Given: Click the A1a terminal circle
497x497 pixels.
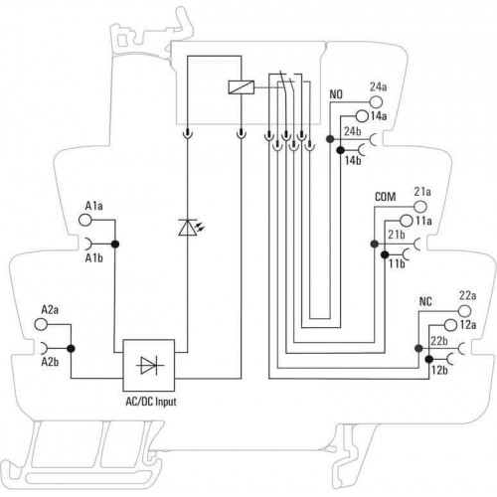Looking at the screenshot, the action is (x=84, y=220).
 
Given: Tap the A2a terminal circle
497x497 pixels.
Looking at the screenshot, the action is (x=41, y=324).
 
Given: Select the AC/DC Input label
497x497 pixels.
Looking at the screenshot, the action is (x=151, y=402).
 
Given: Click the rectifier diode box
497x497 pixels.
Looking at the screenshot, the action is (x=149, y=365).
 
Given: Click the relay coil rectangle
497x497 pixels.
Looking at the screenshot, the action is (x=242, y=87).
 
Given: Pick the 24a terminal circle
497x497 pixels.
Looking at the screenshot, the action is (x=376, y=101).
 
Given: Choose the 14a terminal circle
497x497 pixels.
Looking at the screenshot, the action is (x=362, y=116).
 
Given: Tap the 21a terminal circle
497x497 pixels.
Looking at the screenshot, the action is (x=420, y=207).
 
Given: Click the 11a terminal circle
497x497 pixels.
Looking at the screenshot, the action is (x=407, y=221).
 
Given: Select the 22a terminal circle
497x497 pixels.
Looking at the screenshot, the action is (x=464, y=310).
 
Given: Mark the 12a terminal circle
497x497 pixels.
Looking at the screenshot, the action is (x=450, y=325).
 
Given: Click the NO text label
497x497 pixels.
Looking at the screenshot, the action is (x=336, y=94).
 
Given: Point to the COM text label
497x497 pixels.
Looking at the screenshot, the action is (x=386, y=197).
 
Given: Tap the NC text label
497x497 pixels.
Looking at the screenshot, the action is (x=425, y=302).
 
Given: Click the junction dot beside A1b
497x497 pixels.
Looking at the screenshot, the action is (x=115, y=245).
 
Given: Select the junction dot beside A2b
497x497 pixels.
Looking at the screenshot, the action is (x=71, y=349).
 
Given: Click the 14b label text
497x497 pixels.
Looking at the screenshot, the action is (x=353, y=161).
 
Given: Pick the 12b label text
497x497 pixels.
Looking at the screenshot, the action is (x=439, y=370).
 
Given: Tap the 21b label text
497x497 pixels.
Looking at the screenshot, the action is (x=397, y=235).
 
